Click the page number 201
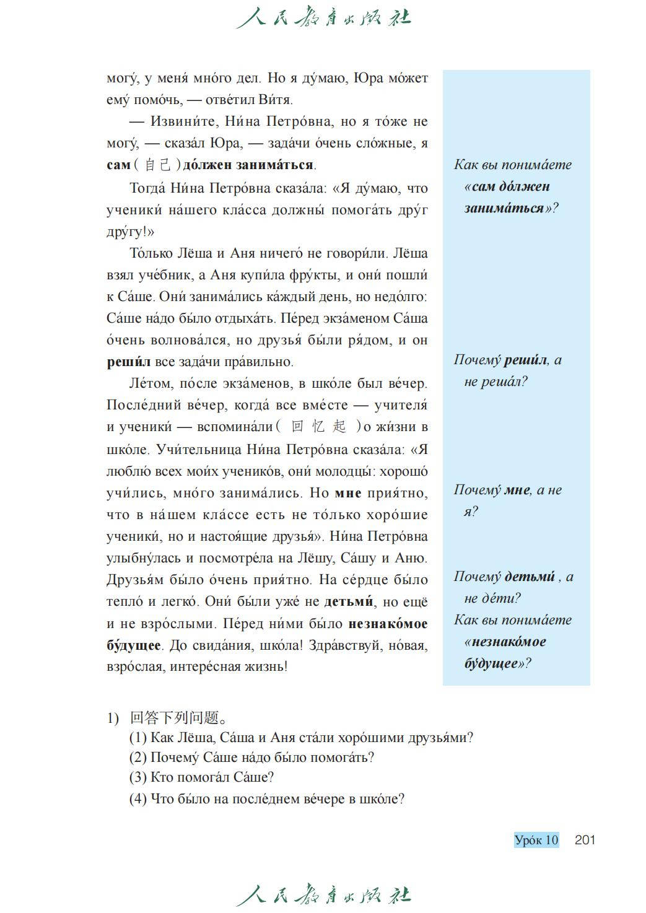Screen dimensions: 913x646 pos(584,840)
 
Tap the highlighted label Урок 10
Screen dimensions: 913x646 pos(536,840)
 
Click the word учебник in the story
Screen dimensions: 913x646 pos(175,275)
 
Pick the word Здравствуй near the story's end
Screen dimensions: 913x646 pos(345,645)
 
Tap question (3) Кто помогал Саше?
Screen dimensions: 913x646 pos(201,777)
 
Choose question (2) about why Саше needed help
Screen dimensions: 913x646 pos(251,758)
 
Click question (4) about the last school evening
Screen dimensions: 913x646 pos(266,798)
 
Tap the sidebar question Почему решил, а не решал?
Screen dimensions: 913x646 pos(507,370)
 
